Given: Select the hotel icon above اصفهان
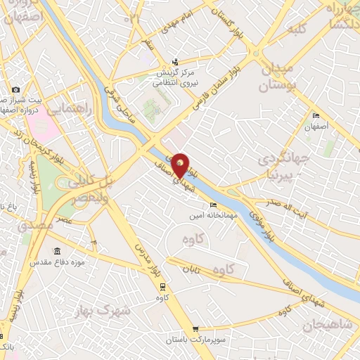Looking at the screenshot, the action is [316, 116].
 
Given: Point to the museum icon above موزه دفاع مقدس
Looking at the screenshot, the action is [57, 251].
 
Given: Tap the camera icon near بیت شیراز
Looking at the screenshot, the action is [15, 89].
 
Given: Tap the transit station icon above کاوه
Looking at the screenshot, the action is [163, 287].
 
